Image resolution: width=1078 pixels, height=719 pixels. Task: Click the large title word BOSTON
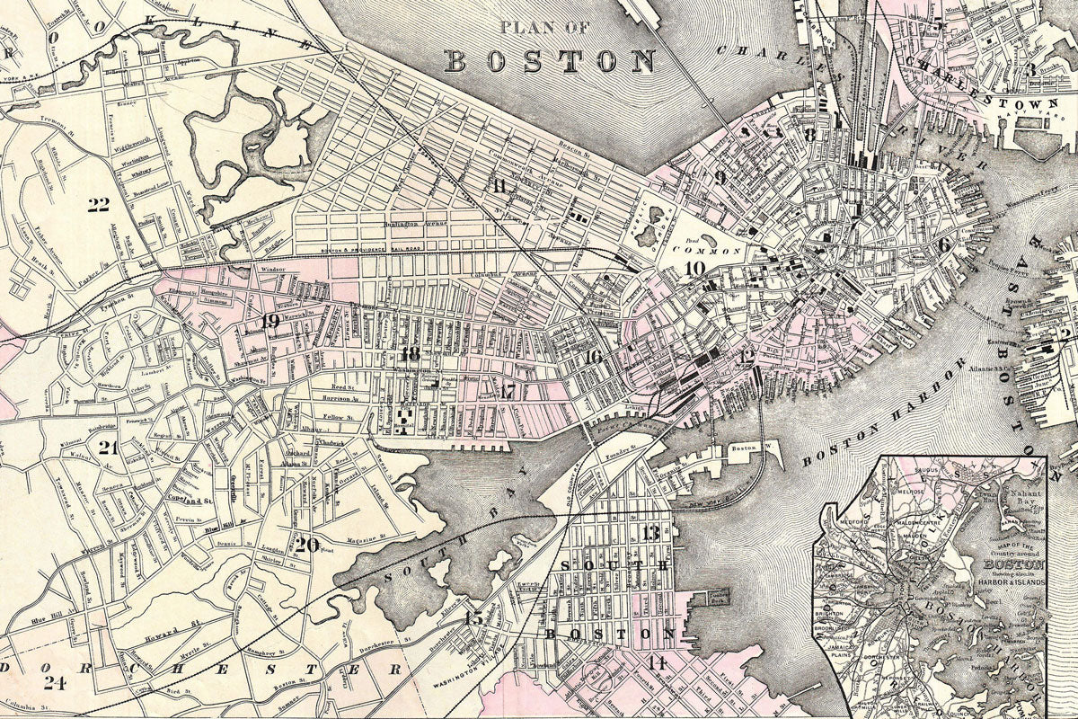pos(551,60)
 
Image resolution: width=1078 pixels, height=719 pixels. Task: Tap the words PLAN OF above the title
pos(546,28)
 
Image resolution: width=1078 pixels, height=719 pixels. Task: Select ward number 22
pos(98,205)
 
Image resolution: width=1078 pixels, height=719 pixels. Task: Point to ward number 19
pos(270,321)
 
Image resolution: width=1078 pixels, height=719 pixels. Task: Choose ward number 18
pos(411,353)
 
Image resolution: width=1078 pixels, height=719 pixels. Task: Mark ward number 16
pos(592,357)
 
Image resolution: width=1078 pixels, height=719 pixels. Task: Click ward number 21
pos(109,448)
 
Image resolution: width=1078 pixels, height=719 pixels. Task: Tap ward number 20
pos(306,544)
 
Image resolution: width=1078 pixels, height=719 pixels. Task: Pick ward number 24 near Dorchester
pos(55,682)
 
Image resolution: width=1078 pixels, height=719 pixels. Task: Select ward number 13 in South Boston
pos(650,533)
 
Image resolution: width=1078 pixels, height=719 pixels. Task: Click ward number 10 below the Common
pos(694,268)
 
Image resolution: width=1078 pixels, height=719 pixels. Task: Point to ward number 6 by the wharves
pos(943,244)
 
